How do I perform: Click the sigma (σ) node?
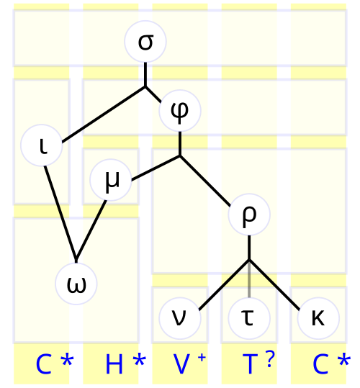coord(145,42)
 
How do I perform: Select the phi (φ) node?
coord(180,111)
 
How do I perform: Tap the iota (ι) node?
coord(41,145)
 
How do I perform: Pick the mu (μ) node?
coord(111,180)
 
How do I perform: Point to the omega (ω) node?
coord(76,284)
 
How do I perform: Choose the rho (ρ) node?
coord(249,215)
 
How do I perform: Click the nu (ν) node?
coord(180,318)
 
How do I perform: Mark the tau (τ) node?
coord(249,318)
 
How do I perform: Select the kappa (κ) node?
coord(318,318)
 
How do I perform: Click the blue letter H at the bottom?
coord(114,364)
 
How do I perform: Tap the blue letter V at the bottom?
coord(181,364)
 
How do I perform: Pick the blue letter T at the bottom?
coord(250,364)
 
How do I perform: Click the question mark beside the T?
coord(270,359)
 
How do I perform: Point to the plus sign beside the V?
coord(202,358)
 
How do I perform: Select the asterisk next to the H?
coord(140,360)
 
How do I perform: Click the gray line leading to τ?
coord(249,279)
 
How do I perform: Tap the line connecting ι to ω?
coord(60,214)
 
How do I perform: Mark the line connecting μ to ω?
coord(91,230)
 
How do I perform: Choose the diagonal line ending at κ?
coord(274,285)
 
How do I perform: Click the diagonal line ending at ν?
coord(224,285)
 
